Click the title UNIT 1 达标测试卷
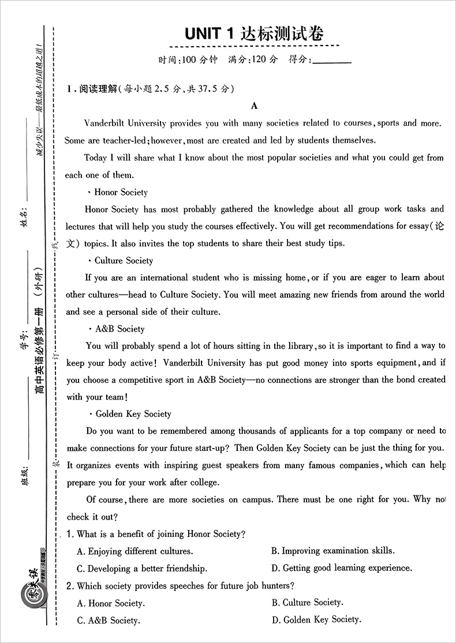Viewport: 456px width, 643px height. [254, 33]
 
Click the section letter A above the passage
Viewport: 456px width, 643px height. [254, 106]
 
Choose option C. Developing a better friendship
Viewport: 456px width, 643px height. [142, 568]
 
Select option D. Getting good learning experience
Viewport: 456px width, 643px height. [342, 568]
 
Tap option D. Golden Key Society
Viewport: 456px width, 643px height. [316, 620]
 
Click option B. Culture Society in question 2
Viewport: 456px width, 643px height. [307, 603]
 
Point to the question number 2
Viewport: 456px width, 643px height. [69, 586]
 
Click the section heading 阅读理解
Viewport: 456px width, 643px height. [98, 89]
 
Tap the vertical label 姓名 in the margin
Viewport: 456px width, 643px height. [24, 212]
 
